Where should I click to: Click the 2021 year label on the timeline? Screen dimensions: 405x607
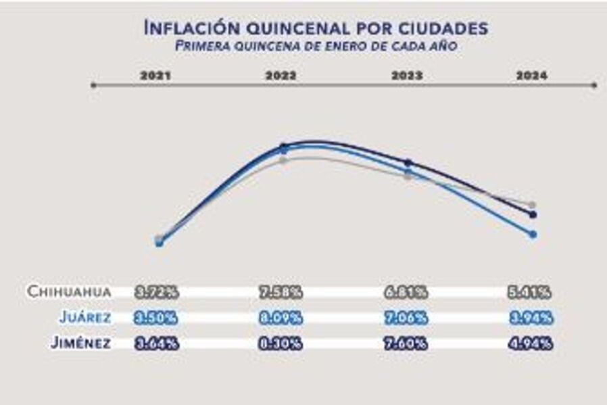point(155,76)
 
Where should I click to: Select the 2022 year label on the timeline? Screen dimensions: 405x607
point(281,76)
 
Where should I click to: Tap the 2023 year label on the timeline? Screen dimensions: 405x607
point(407,76)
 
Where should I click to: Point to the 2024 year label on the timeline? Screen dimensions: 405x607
point(531,76)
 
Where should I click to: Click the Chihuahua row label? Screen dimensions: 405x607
point(69,292)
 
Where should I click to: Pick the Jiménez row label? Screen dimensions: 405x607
point(80,343)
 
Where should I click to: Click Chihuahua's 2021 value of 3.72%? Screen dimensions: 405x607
point(157,292)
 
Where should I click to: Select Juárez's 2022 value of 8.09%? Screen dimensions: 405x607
point(281,318)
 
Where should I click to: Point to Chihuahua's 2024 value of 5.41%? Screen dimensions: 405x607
point(531,292)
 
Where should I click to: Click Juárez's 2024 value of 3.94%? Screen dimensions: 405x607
point(531,318)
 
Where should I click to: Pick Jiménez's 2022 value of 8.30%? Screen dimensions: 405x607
point(281,343)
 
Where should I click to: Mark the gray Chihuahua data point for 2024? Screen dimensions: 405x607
point(533,205)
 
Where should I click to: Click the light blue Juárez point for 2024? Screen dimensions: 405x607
point(533,234)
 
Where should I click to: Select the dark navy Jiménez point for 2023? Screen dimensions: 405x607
point(408,162)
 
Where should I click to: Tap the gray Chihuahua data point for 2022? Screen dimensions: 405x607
point(284,160)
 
